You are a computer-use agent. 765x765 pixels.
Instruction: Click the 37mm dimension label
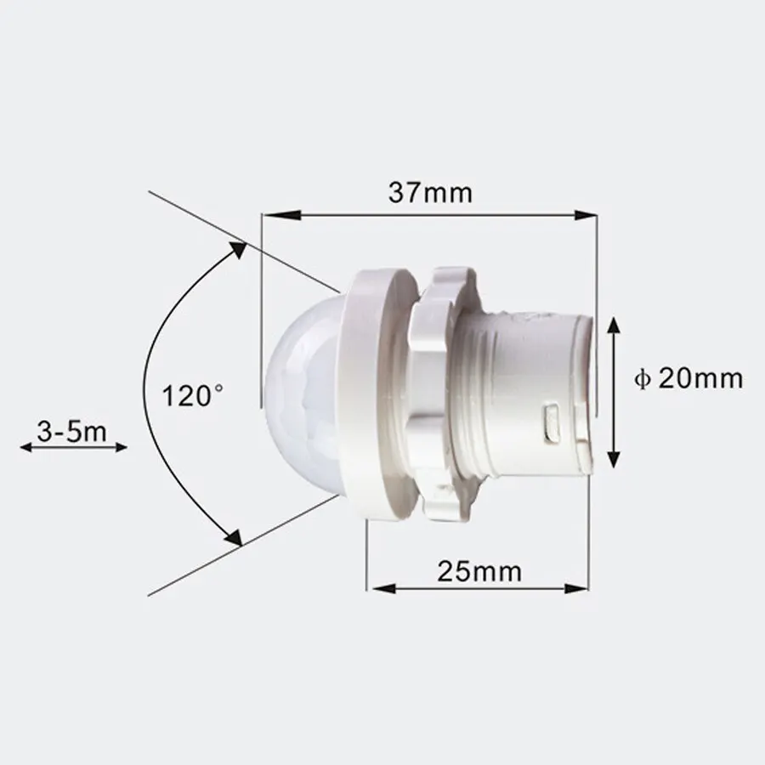(430, 193)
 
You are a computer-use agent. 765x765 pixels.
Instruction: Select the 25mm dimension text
(480, 569)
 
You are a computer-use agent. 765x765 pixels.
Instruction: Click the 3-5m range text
(72, 432)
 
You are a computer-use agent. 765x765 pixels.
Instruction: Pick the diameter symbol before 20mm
(643, 379)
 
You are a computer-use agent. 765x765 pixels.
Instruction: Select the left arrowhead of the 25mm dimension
(376, 587)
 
